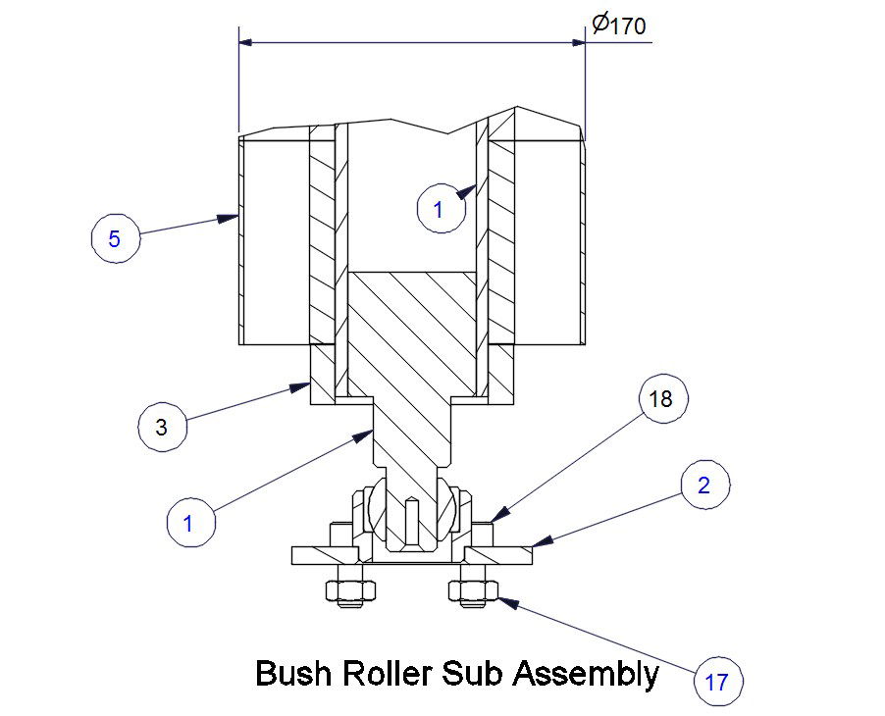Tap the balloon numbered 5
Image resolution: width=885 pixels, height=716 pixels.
115,240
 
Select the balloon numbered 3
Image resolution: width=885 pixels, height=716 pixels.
162,427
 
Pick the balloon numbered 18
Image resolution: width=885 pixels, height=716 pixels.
662,400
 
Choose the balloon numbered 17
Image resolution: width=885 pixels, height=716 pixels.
717,681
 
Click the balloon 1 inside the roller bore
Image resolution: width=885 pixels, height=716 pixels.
439,209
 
